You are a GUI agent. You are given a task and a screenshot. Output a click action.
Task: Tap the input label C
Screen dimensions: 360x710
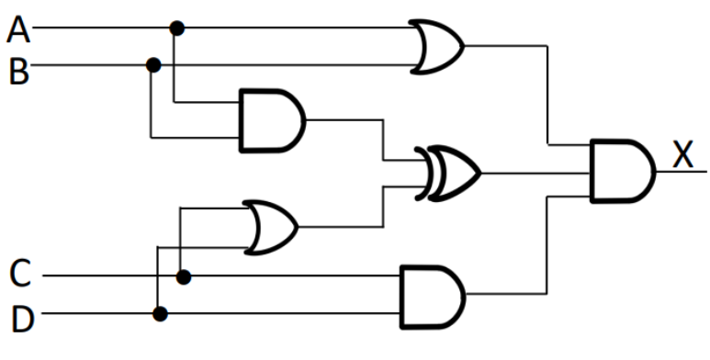[20, 274]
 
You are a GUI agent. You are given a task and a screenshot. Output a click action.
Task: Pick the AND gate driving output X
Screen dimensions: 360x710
[621, 171]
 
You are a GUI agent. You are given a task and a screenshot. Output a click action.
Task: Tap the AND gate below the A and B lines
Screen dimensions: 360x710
[269, 119]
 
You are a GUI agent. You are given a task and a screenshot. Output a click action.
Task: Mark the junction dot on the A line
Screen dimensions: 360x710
[177, 28]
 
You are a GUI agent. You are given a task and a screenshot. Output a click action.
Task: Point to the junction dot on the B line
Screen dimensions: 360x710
[153, 65]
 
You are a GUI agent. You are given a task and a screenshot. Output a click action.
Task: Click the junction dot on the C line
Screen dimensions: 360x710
[184, 276]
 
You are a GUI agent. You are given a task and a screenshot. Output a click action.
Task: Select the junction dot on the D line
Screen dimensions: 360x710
[160, 314]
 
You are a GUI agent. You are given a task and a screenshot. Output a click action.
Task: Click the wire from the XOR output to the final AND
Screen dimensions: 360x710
[533, 172]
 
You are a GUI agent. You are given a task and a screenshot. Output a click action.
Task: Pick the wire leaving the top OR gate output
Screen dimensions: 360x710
[547, 92]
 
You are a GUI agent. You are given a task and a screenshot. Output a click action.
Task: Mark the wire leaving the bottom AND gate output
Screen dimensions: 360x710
[547, 248]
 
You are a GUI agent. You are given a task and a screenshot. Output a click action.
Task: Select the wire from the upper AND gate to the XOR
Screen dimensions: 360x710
[381, 138]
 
